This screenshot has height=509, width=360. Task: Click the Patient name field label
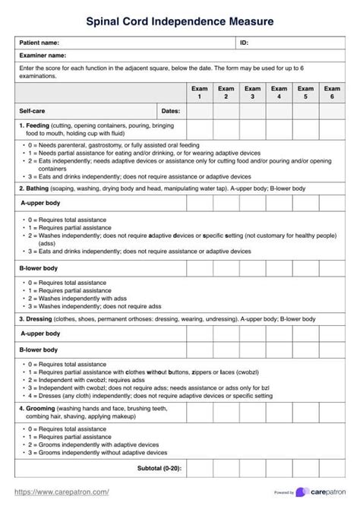40,43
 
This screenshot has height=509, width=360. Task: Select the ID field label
244,43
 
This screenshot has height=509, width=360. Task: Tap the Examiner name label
43,55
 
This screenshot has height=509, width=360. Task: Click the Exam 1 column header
199,93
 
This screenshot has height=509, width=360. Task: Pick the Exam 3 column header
252,93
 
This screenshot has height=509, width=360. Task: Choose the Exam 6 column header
332,93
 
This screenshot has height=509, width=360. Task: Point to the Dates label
171,111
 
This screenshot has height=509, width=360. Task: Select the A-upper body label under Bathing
41,204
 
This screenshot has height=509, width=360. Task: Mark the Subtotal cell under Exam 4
279,468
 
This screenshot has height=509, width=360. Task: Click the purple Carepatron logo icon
303,492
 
